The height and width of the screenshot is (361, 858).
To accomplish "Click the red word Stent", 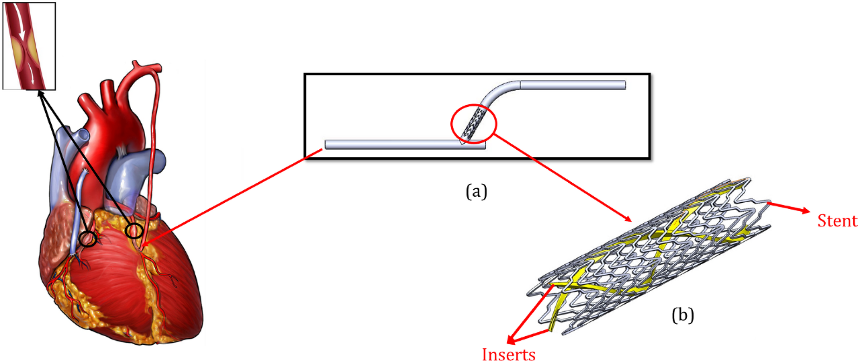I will click(837, 221).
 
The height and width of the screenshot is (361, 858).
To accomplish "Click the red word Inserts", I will click(508, 355).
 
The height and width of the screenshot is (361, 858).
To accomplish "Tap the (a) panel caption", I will click(476, 191).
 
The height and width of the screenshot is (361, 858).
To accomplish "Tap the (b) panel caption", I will click(682, 315).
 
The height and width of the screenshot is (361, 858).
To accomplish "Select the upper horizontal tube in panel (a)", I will click(573, 85).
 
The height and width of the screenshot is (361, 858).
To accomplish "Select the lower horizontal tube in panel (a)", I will click(393, 145).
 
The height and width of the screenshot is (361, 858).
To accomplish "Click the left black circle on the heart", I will click(88, 239).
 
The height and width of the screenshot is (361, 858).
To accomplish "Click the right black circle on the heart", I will click(134, 231).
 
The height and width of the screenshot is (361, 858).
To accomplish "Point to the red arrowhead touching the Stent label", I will click(805, 210).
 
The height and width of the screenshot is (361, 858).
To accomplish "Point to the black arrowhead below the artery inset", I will click(41, 93).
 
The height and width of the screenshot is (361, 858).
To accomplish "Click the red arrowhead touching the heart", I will click(144, 244).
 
